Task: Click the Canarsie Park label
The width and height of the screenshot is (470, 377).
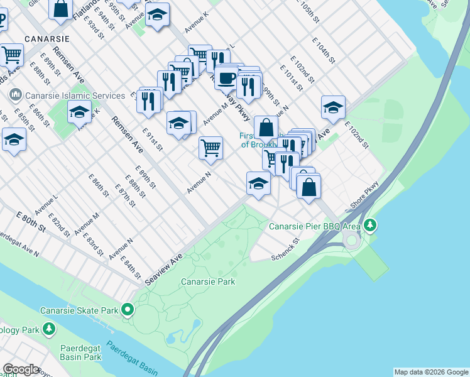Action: (x=208, y=281)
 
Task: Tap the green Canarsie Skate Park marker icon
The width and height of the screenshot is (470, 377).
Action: (x=128, y=310)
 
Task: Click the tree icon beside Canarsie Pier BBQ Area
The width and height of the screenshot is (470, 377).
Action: (x=371, y=224)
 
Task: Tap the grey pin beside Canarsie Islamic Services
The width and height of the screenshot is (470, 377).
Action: (x=15, y=96)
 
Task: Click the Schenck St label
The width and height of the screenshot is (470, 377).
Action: (x=286, y=257)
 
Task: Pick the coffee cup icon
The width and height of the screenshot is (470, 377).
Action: (x=226, y=79)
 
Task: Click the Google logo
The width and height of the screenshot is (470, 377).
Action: (x=21, y=369)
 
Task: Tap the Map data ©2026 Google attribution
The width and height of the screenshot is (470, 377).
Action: (x=431, y=372)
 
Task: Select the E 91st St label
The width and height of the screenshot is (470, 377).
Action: (x=153, y=140)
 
